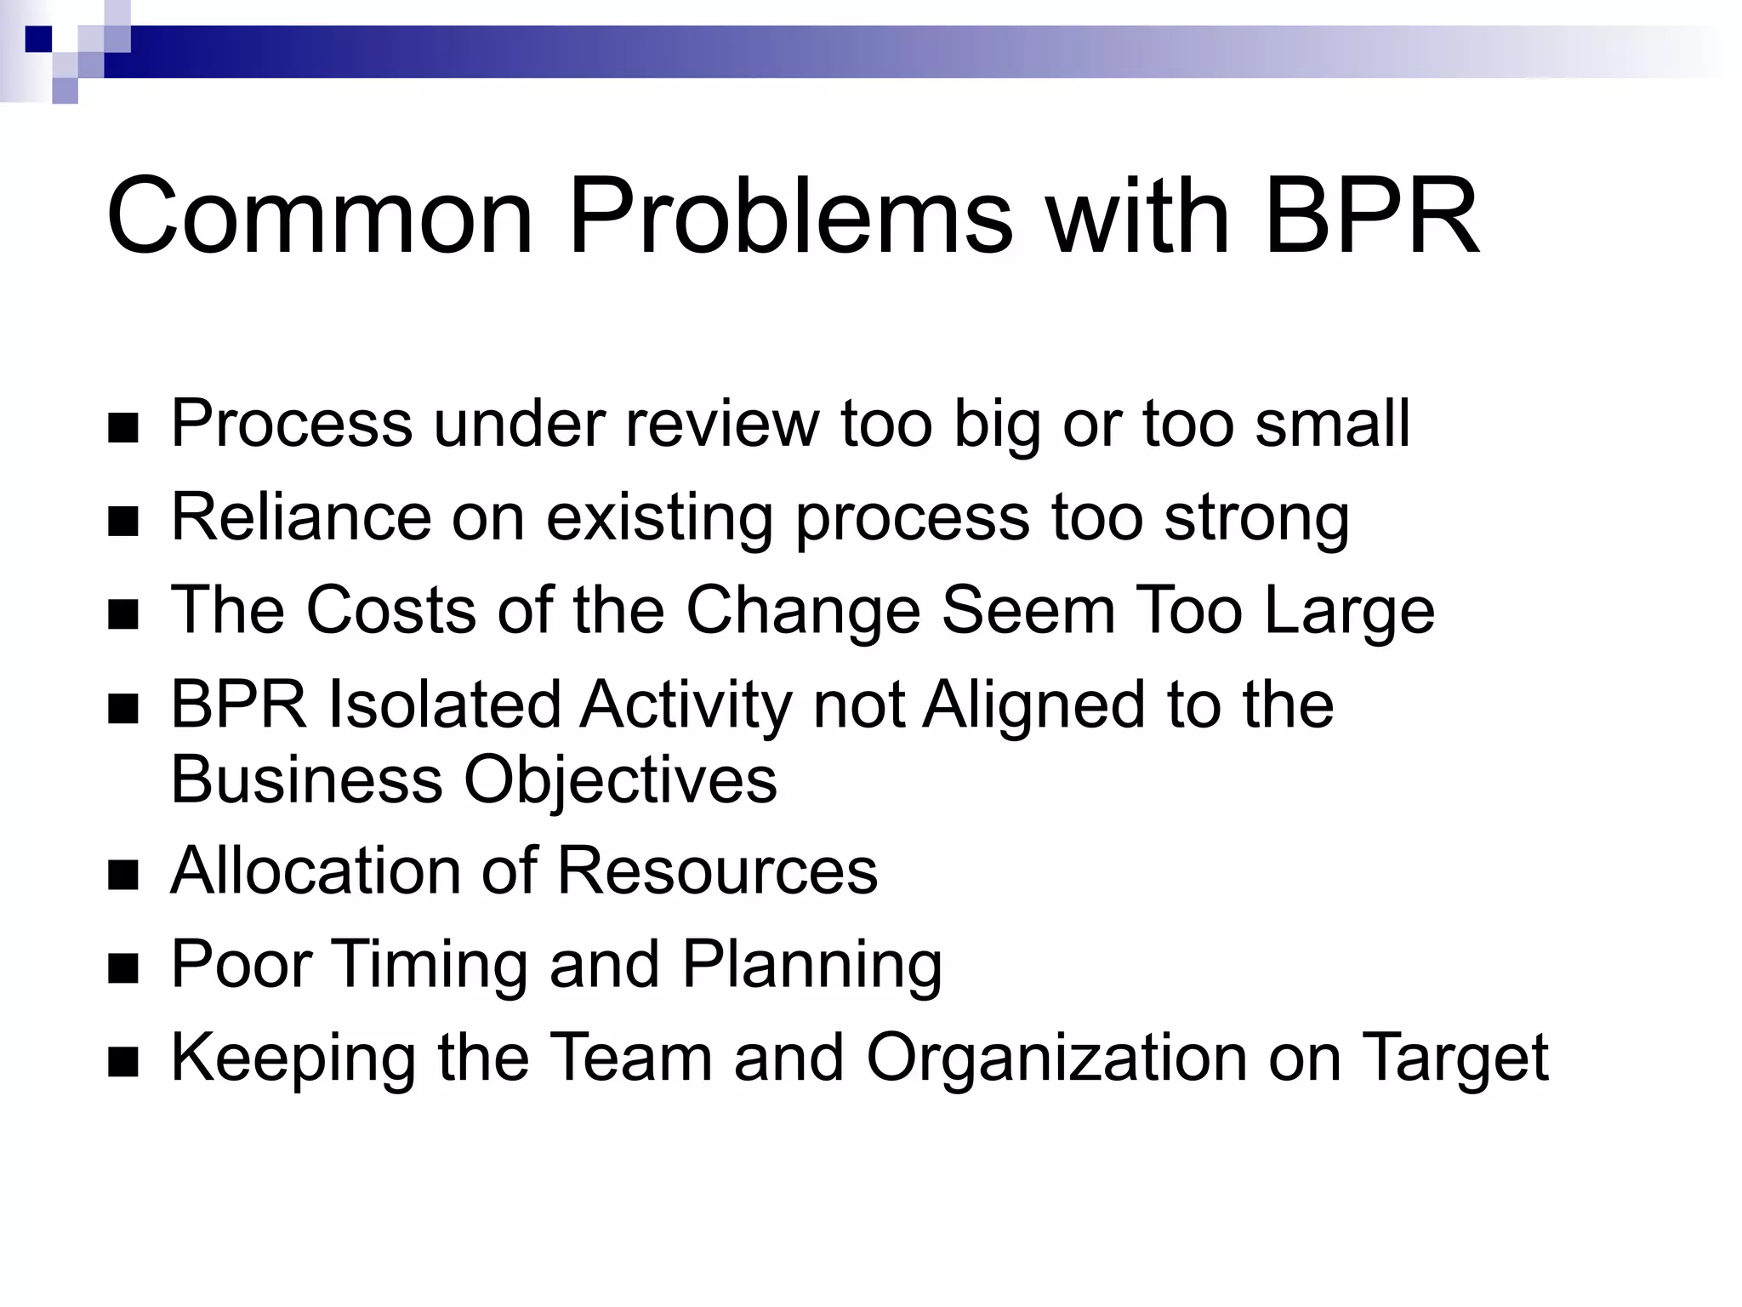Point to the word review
point(722,423)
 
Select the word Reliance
point(301,517)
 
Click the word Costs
point(390,609)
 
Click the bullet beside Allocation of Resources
point(123,875)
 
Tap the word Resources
point(717,870)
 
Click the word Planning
point(812,966)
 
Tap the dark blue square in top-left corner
point(37,39)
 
